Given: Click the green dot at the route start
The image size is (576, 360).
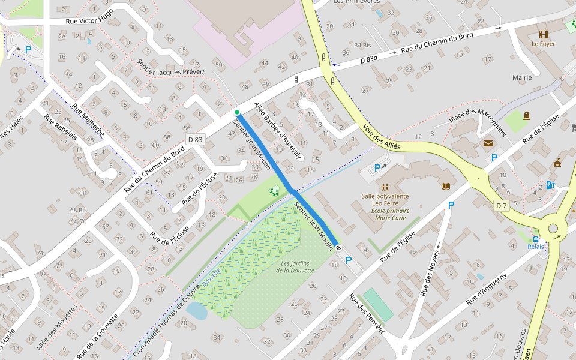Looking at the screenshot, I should coord(237,112).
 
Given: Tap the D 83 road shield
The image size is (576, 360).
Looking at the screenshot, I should coord(195,140).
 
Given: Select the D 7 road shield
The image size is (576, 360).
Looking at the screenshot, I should coord(502,206).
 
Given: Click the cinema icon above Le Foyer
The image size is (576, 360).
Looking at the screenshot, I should coord(543,34).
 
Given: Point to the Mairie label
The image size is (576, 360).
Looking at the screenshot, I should coord(522,77).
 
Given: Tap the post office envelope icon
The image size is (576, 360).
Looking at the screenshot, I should coord(488,143).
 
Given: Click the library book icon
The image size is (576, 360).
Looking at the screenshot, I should coord(445,187).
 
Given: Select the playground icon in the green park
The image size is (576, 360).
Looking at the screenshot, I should coord(274,191).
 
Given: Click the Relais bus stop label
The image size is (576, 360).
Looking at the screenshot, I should coord(536,247).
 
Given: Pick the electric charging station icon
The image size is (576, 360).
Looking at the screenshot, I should coord(550,185).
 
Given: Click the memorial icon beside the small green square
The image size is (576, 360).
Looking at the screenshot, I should coord(526,116).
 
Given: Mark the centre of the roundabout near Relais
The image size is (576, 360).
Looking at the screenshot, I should coord(553,229).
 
